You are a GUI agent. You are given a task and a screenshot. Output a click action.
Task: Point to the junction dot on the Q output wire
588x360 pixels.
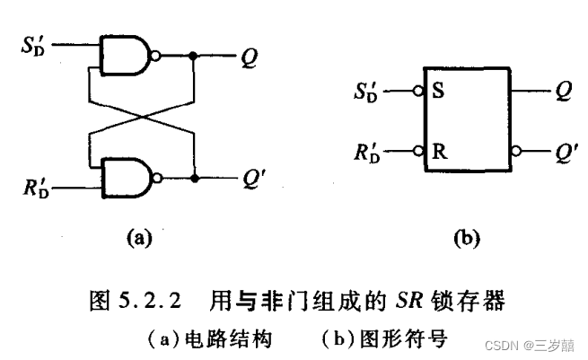tap(193, 56)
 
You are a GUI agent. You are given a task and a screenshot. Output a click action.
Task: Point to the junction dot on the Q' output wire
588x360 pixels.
tap(193, 178)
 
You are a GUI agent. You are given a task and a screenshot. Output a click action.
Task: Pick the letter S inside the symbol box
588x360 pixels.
tap(437, 92)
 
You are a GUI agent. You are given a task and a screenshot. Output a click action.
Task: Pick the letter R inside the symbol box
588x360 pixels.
tap(437, 151)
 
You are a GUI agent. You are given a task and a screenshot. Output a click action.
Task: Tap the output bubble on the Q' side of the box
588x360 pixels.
tap(514, 151)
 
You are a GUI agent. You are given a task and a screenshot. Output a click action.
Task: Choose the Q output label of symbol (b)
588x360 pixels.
tap(562, 92)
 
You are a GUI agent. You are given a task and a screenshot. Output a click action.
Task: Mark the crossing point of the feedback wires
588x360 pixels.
tap(140, 117)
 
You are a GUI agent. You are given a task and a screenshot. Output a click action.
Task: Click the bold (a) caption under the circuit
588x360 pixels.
tap(139, 239)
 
